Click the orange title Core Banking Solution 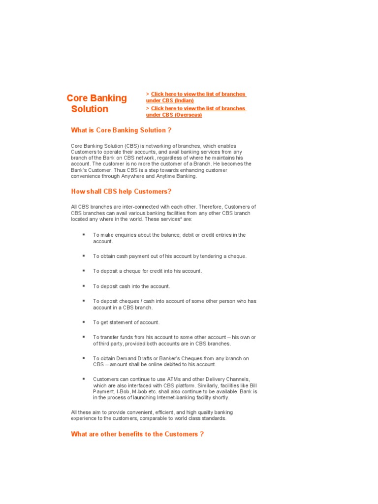97,103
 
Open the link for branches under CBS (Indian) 196,97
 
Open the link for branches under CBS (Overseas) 196,111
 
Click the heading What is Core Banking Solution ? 121,130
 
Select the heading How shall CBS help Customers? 121,191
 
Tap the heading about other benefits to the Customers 137,434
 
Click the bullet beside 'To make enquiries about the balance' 84,235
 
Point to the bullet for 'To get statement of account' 84,322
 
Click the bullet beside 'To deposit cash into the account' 84,286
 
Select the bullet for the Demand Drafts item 84,358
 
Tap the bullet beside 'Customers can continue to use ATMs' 84,379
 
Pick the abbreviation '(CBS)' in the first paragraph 131,146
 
